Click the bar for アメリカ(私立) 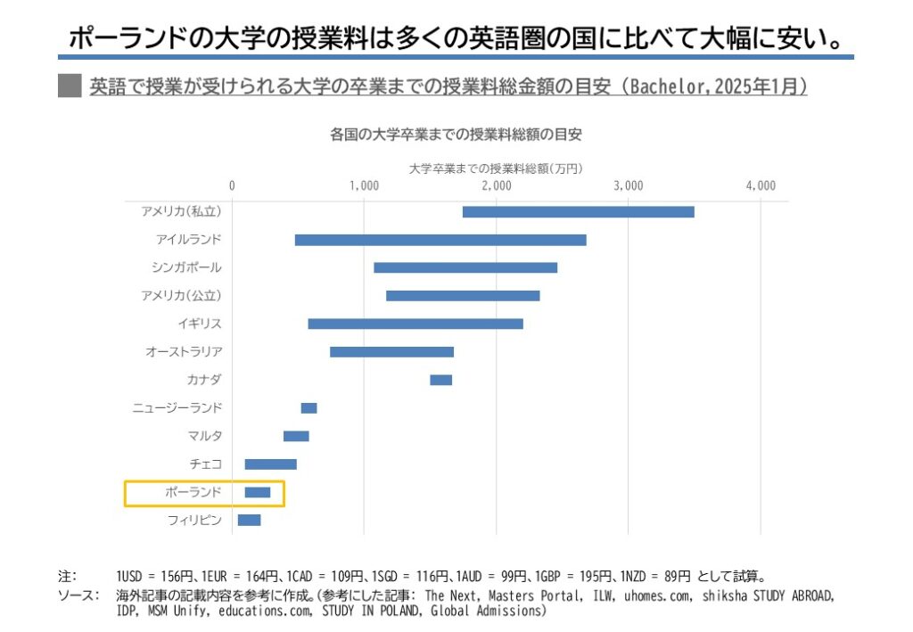coord(578,211)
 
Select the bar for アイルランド coord(440,240)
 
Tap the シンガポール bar coord(465,267)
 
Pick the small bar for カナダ coord(440,380)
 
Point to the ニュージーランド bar coord(308,408)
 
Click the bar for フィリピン coord(249,521)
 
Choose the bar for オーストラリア coord(391,352)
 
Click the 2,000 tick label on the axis coord(496,186)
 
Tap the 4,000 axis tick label coord(760,186)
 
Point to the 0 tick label coord(232,186)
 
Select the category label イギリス coord(200,324)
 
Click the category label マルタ coord(205,436)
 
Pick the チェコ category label coord(206,464)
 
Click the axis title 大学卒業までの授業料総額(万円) coord(496,168)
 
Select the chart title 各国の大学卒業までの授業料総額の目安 coord(456,135)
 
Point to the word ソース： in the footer coord(77,594)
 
